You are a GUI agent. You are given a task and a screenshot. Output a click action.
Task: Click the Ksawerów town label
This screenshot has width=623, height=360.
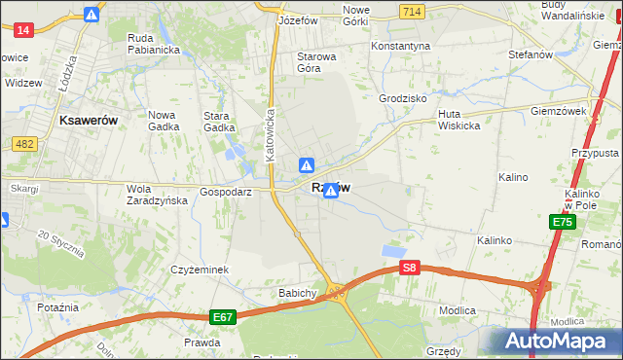(89, 120)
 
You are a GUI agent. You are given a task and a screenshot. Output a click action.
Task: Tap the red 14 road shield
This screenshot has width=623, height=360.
(24, 30)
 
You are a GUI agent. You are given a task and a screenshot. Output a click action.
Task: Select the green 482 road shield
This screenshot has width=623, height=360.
(25, 144)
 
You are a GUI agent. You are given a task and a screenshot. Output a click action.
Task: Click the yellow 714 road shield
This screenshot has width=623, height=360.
(411, 11)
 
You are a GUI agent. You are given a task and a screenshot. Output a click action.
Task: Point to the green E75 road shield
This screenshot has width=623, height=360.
(562, 223)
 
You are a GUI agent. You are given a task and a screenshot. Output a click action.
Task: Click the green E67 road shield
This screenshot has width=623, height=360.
(223, 316)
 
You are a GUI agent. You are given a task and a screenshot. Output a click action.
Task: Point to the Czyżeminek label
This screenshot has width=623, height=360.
(199, 270)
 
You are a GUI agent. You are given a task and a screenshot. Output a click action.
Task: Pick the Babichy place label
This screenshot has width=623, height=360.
(298, 293)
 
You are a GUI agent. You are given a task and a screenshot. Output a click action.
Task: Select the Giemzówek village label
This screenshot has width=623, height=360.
(558, 111)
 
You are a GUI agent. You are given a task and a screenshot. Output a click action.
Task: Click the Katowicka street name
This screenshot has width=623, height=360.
(274, 134)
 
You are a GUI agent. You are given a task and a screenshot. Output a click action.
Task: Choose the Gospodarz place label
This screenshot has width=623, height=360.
(226, 193)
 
